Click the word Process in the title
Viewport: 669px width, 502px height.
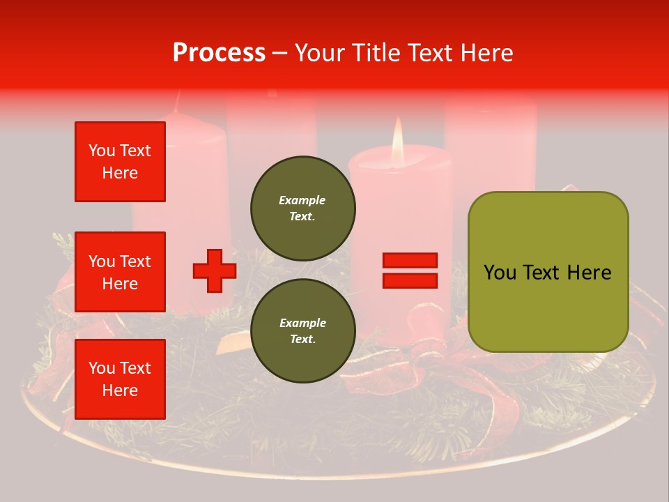(219, 53)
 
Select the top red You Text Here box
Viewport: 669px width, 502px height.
(120, 162)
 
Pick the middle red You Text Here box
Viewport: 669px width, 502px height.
(120, 272)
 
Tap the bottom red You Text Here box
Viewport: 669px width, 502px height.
(120, 379)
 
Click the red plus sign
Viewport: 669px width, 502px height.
(215, 271)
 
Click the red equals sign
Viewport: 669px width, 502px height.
(410, 271)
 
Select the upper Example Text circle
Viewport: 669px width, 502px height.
(302, 208)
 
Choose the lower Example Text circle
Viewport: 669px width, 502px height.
(302, 330)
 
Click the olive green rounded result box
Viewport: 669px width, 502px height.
(548, 272)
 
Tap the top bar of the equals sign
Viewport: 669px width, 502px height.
(410, 261)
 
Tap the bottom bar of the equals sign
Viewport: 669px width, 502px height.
(410, 280)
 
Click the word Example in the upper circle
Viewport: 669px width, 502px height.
(302, 200)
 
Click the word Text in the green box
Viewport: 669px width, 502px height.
(539, 273)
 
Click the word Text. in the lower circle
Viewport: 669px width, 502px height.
(302, 340)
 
